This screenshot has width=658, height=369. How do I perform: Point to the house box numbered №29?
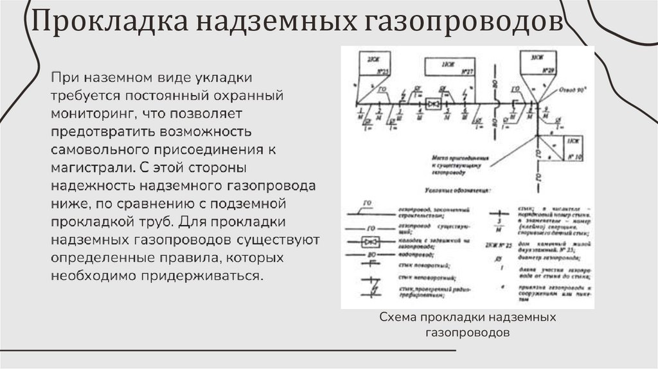click(538, 62)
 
